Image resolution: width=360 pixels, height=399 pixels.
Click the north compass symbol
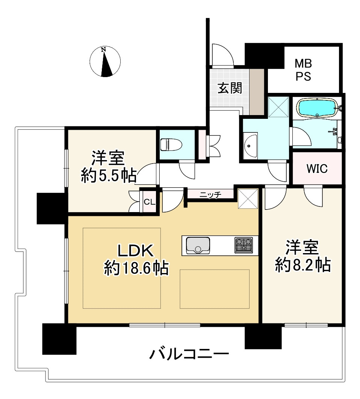[106, 62]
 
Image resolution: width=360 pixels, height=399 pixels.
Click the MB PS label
[303, 70]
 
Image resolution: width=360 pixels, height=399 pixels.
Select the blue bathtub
[316, 108]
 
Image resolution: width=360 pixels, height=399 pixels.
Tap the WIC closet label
[317, 169]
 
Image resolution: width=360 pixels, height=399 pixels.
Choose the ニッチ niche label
[210, 194]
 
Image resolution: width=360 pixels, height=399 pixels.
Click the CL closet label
[149, 202]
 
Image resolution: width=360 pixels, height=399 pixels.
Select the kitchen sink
[197, 246]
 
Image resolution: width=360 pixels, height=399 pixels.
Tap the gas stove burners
[244, 245]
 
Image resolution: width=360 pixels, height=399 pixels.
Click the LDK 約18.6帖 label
[136, 259]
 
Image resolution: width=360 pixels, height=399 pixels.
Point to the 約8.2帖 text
[303, 265]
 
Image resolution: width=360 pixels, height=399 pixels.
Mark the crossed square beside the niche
[248, 198]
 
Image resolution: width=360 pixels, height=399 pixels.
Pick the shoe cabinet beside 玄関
[257, 91]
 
